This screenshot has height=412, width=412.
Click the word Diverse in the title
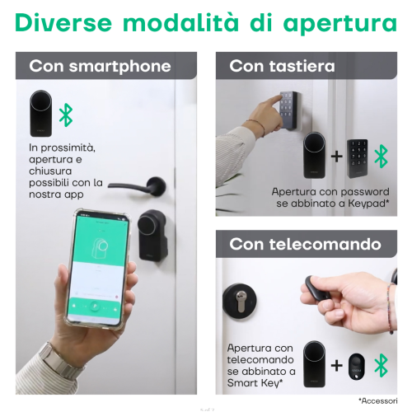click(x=63, y=22)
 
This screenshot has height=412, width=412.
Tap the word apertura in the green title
click(x=340, y=24)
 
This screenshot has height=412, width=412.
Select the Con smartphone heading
click(x=100, y=67)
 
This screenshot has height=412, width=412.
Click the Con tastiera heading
click(x=282, y=66)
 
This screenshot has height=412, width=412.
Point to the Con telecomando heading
click(x=305, y=244)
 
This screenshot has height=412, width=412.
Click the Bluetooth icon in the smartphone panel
click(x=66, y=115)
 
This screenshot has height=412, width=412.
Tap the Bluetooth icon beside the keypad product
click(x=382, y=157)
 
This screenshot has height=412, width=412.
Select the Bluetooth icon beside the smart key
click(x=382, y=366)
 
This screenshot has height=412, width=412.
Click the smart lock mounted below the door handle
click(x=152, y=236)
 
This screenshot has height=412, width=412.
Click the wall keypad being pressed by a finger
click(x=289, y=110)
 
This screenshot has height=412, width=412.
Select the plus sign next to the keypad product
click(x=337, y=157)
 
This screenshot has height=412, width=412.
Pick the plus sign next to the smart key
click(x=337, y=366)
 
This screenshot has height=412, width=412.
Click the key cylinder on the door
click(x=240, y=301)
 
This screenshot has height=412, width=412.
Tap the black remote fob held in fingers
click(x=316, y=288)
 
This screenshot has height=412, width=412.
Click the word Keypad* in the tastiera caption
click(x=369, y=204)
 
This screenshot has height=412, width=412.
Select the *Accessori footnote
click(x=377, y=401)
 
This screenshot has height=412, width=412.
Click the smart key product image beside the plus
click(x=357, y=367)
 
